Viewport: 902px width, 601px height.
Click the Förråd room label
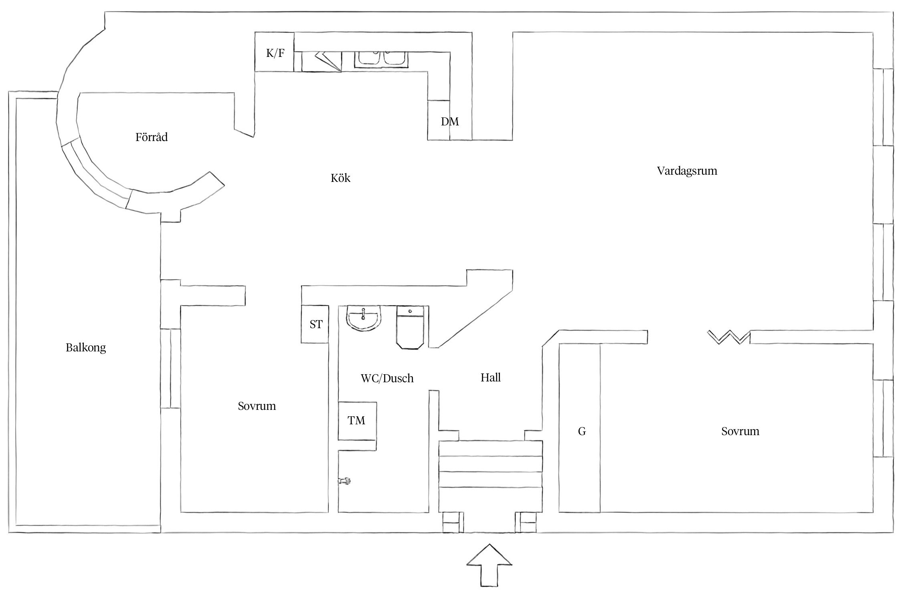point(152,137)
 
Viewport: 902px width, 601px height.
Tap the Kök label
point(340,178)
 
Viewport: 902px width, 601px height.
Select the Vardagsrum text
point(687,171)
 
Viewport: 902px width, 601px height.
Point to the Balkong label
point(86,347)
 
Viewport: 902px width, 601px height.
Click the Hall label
point(491,377)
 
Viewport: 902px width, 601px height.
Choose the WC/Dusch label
point(387,378)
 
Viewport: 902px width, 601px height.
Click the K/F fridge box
point(275,52)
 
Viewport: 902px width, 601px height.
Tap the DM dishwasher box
point(449,121)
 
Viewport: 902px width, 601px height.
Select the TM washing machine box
point(357,421)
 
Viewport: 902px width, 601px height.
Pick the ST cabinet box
point(315,324)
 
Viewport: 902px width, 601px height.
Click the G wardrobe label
point(582,432)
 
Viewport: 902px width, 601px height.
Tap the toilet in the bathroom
point(410,327)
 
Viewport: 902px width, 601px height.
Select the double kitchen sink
point(381,59)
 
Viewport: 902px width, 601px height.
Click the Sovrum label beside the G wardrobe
point(740,432)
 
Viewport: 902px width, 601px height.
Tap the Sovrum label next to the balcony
point(257,406)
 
